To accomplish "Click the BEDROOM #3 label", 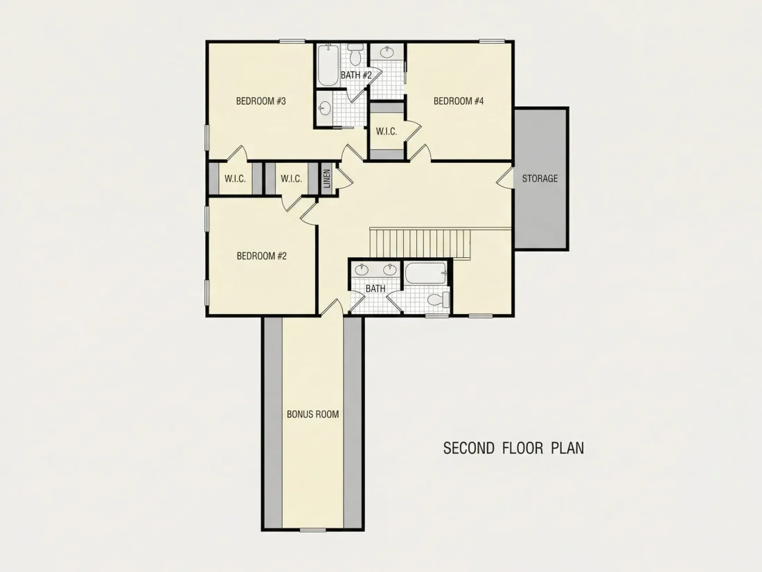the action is (261, 101).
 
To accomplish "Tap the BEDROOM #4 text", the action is (459, 101).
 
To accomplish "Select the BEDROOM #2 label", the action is (261, 256).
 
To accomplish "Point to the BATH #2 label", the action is (356, 75).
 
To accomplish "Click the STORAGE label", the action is (540, 178).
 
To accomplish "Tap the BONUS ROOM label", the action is (312, 415).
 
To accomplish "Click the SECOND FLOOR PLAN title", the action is (514, 448).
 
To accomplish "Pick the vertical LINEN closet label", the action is (327, 178).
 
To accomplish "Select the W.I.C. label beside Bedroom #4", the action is (387, 131).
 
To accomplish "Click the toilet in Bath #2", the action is (356, 55).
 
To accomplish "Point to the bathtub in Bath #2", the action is (328, 65).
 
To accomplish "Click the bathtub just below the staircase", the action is (426, 273).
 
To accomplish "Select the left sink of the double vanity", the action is (361, 269).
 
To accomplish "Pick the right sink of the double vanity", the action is (389, 269).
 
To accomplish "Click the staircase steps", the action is (420, 243).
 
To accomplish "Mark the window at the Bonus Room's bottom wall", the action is (312, 530).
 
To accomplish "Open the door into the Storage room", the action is (506, 178).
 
